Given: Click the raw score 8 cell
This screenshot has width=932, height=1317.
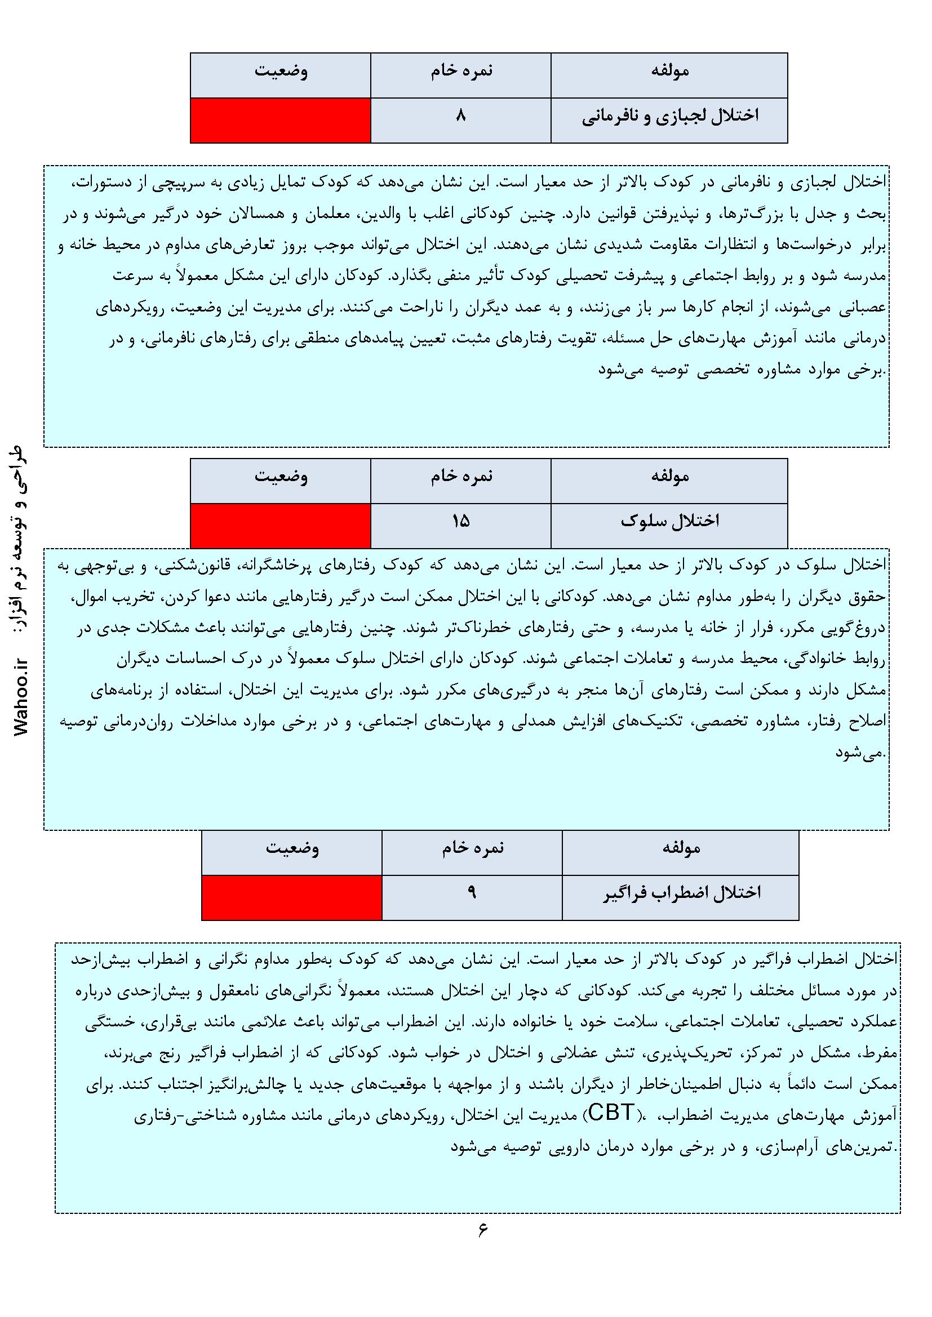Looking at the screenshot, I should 460,120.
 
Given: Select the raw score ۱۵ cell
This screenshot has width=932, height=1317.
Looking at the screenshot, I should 460,525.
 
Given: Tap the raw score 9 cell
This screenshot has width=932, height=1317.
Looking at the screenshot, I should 472,897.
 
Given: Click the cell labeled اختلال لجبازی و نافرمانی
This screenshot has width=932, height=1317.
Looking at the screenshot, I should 669,120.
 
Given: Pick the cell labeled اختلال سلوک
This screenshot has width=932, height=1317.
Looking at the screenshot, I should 669,525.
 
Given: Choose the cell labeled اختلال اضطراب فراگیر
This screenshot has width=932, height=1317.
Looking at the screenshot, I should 681,897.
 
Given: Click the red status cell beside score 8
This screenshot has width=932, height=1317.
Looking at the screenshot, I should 280,120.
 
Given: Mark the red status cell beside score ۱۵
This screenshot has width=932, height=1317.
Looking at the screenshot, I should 280,525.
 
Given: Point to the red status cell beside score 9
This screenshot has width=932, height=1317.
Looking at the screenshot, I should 291,897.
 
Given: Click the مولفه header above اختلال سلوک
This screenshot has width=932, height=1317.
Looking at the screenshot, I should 669,480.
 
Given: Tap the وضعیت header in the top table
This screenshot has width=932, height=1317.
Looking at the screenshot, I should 280,75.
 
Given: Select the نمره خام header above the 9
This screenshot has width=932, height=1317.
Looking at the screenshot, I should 472,852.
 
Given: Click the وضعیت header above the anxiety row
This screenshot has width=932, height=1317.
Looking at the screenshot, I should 291,852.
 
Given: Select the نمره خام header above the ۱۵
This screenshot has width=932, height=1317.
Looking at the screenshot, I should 460,480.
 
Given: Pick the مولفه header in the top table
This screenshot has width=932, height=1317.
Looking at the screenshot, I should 669,75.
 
